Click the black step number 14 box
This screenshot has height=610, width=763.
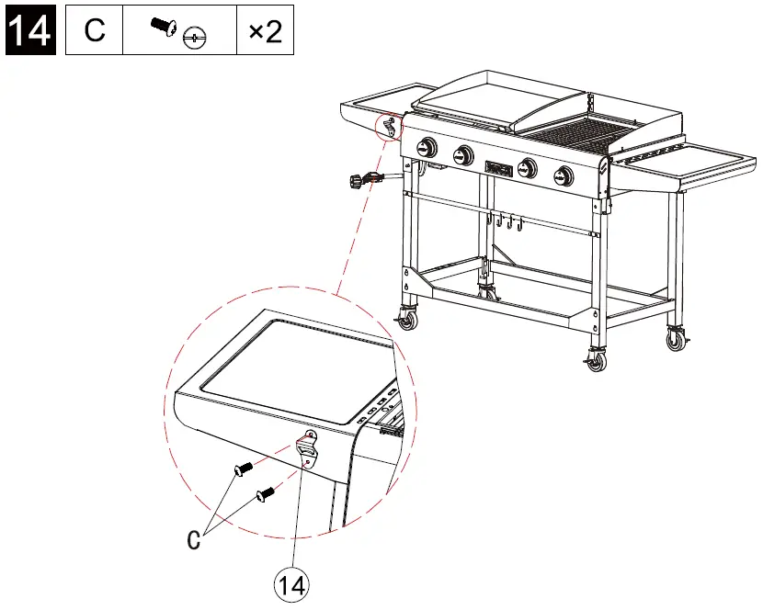29,31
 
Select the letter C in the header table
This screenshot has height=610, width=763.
95,31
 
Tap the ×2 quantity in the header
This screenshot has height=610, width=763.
265,32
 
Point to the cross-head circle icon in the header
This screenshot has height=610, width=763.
193,39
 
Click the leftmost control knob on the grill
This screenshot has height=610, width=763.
427,148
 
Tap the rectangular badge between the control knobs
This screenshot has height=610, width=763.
497,169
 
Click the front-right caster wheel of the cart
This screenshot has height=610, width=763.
596,361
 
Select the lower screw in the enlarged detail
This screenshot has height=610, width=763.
265,493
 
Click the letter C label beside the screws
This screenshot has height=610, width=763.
194,539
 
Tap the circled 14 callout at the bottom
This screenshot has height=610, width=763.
292,585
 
